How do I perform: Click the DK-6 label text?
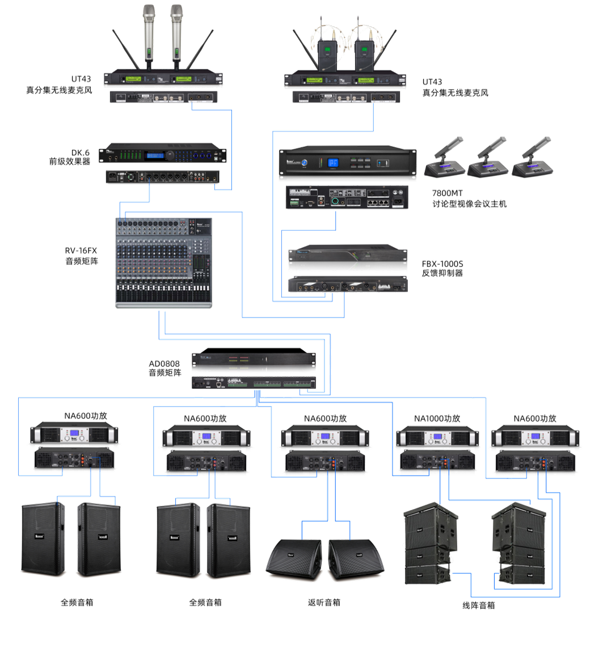(x=81, y=152)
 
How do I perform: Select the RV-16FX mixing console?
(x=163, y=262)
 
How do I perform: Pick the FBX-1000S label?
(x=442, y=264)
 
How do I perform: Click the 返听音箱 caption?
(x=324, y=602)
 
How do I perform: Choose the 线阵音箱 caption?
(x=478, y=605)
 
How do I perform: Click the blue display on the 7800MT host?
(x=332, y=162)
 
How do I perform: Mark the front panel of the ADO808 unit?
(x=253, y=359)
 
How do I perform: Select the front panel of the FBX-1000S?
(x=347, y=258)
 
